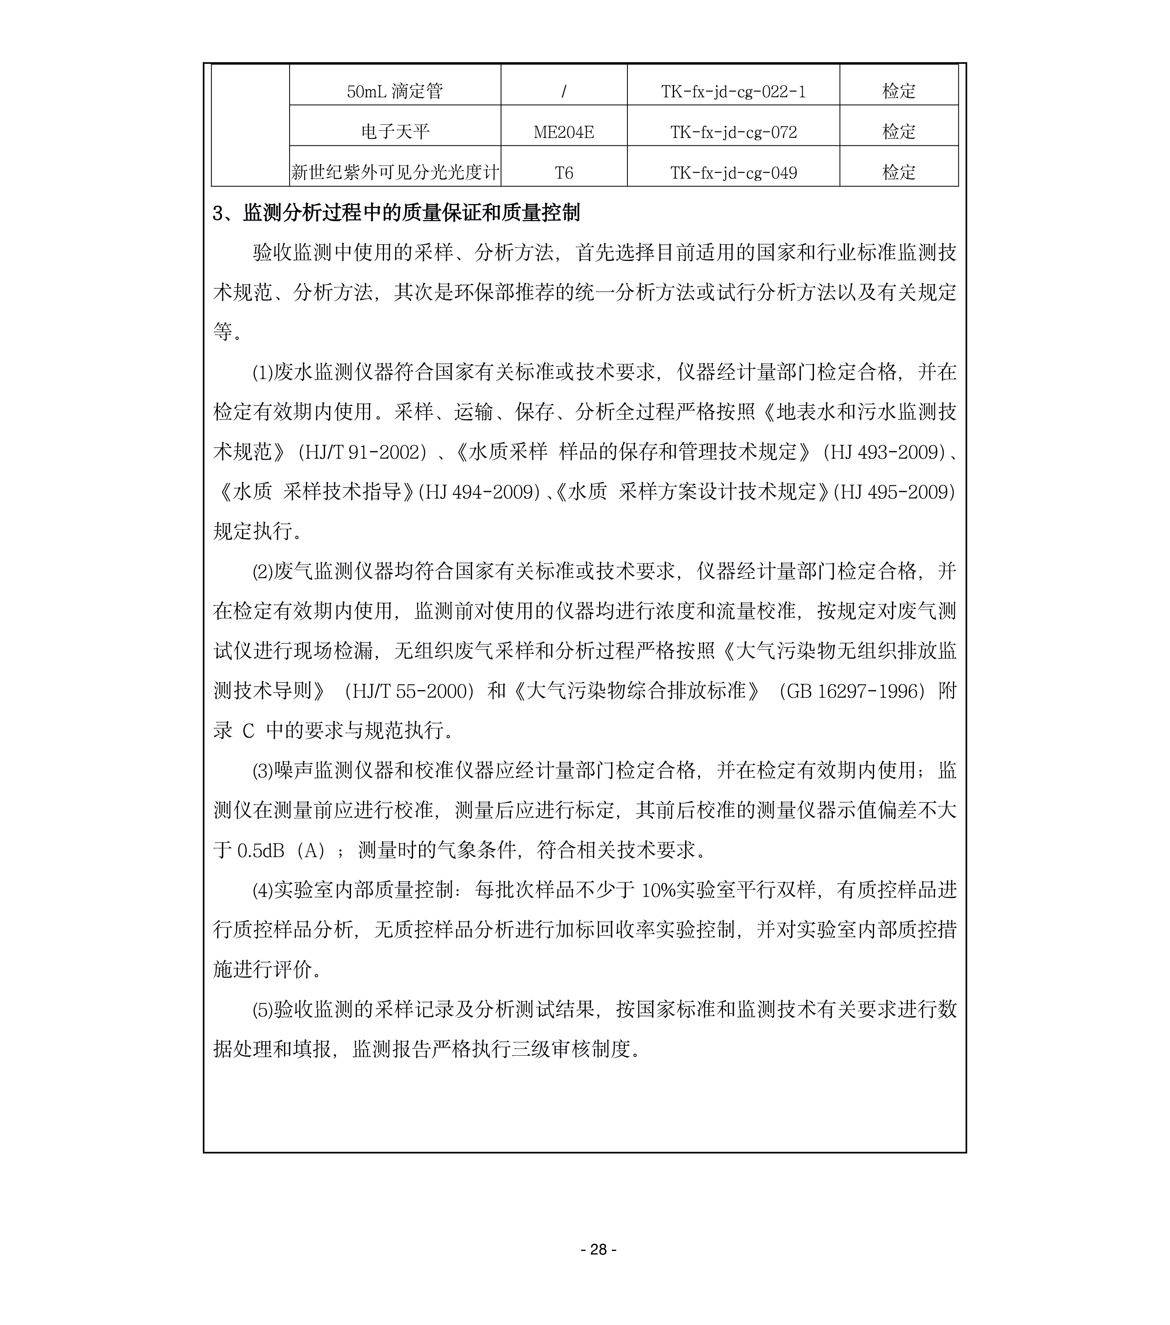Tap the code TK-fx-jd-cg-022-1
(733, 91)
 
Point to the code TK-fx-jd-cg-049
(733, 173)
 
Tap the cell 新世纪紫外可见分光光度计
(395, 173)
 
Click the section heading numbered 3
(396, 213)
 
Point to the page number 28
(598, 1249)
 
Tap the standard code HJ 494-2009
(479, 492)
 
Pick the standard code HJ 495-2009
(894, 492)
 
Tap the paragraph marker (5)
(263, 1010)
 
